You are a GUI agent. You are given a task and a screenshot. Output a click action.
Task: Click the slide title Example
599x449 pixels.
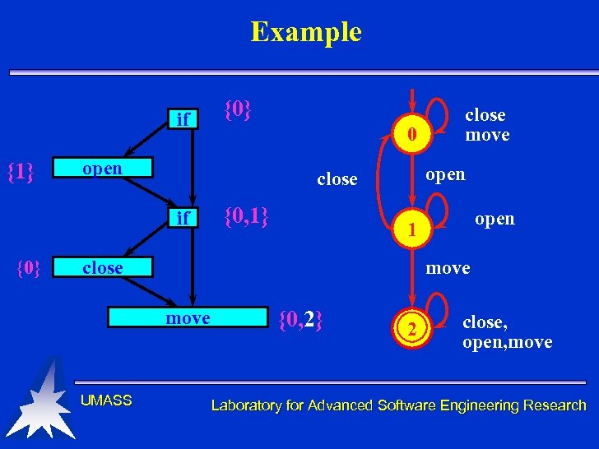click(x=306, y=32)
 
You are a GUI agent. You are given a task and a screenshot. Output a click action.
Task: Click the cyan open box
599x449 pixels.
click(x=103, y=168)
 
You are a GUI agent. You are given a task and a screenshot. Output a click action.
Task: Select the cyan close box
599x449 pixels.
click(x=103, y=268)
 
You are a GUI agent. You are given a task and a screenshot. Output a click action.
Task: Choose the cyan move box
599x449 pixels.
click(x=188, y=318)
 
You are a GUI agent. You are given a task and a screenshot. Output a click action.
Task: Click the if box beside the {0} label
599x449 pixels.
click(x=183, y=120)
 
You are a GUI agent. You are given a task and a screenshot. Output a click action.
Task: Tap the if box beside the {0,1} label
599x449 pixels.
click(x=183, y=218)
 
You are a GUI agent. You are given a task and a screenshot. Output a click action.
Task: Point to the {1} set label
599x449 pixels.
click(x=20, y=172)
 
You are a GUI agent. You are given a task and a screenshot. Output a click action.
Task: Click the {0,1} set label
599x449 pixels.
click(x=247, y=217)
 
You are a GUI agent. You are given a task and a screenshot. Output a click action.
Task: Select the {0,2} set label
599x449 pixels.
click(x=300, y=318)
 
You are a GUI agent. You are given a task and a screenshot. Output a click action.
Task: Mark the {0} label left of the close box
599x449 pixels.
click(x=29, y=268)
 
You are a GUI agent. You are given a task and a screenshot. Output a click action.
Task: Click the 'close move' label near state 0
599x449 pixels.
click(x=486, y=125)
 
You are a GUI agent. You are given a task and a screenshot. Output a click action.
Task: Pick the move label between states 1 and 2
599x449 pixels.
click(x=448, y=268)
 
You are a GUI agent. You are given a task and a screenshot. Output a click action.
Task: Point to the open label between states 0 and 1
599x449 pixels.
click(x=444, y=174)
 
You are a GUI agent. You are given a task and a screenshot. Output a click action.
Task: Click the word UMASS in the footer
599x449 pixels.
click(x=106, y=400)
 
